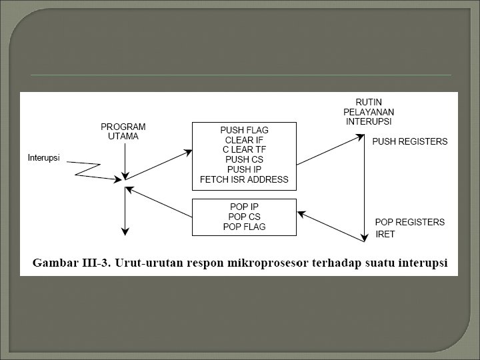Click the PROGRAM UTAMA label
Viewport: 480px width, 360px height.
coord(123,131)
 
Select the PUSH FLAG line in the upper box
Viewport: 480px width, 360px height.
coord(244,130)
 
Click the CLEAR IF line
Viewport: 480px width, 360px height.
coord(244,140)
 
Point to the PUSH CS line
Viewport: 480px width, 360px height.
coord(244,160)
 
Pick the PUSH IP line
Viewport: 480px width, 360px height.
coord(244,169)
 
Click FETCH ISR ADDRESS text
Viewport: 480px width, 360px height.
coord(244,179)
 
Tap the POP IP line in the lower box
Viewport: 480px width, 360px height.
coord(244,207)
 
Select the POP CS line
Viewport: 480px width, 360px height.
coord(244,217)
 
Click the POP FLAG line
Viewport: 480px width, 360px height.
coord(244,227)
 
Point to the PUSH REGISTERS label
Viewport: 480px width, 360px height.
coord(409,142)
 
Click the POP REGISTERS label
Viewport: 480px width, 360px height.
coord(409,222)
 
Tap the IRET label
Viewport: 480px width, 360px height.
coord(386,235)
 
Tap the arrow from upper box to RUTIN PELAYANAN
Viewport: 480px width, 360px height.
coord(329,151)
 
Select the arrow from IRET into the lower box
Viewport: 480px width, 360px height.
coord(329,224)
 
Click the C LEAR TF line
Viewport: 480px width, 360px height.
coord(244,150)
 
